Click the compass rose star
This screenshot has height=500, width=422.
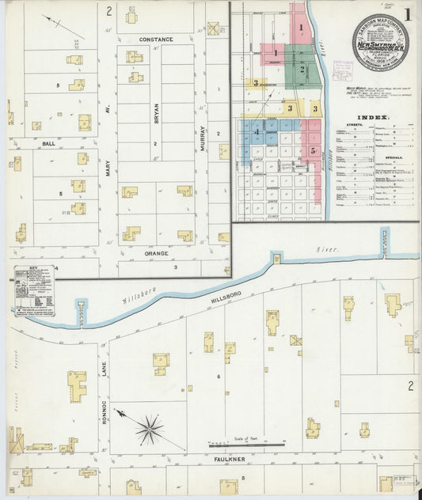[148, 430]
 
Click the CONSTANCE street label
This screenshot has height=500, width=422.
[156, 39]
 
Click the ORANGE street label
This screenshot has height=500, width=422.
[156, 255]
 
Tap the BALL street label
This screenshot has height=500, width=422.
[48, 143]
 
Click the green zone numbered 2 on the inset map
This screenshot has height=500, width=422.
[302, 70]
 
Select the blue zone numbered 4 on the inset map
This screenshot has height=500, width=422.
[257, 131]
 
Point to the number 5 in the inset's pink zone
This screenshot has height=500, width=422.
[314, 150]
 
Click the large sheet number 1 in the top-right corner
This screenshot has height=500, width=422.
[408, 13]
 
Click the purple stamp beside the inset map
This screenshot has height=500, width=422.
[342, 70]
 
